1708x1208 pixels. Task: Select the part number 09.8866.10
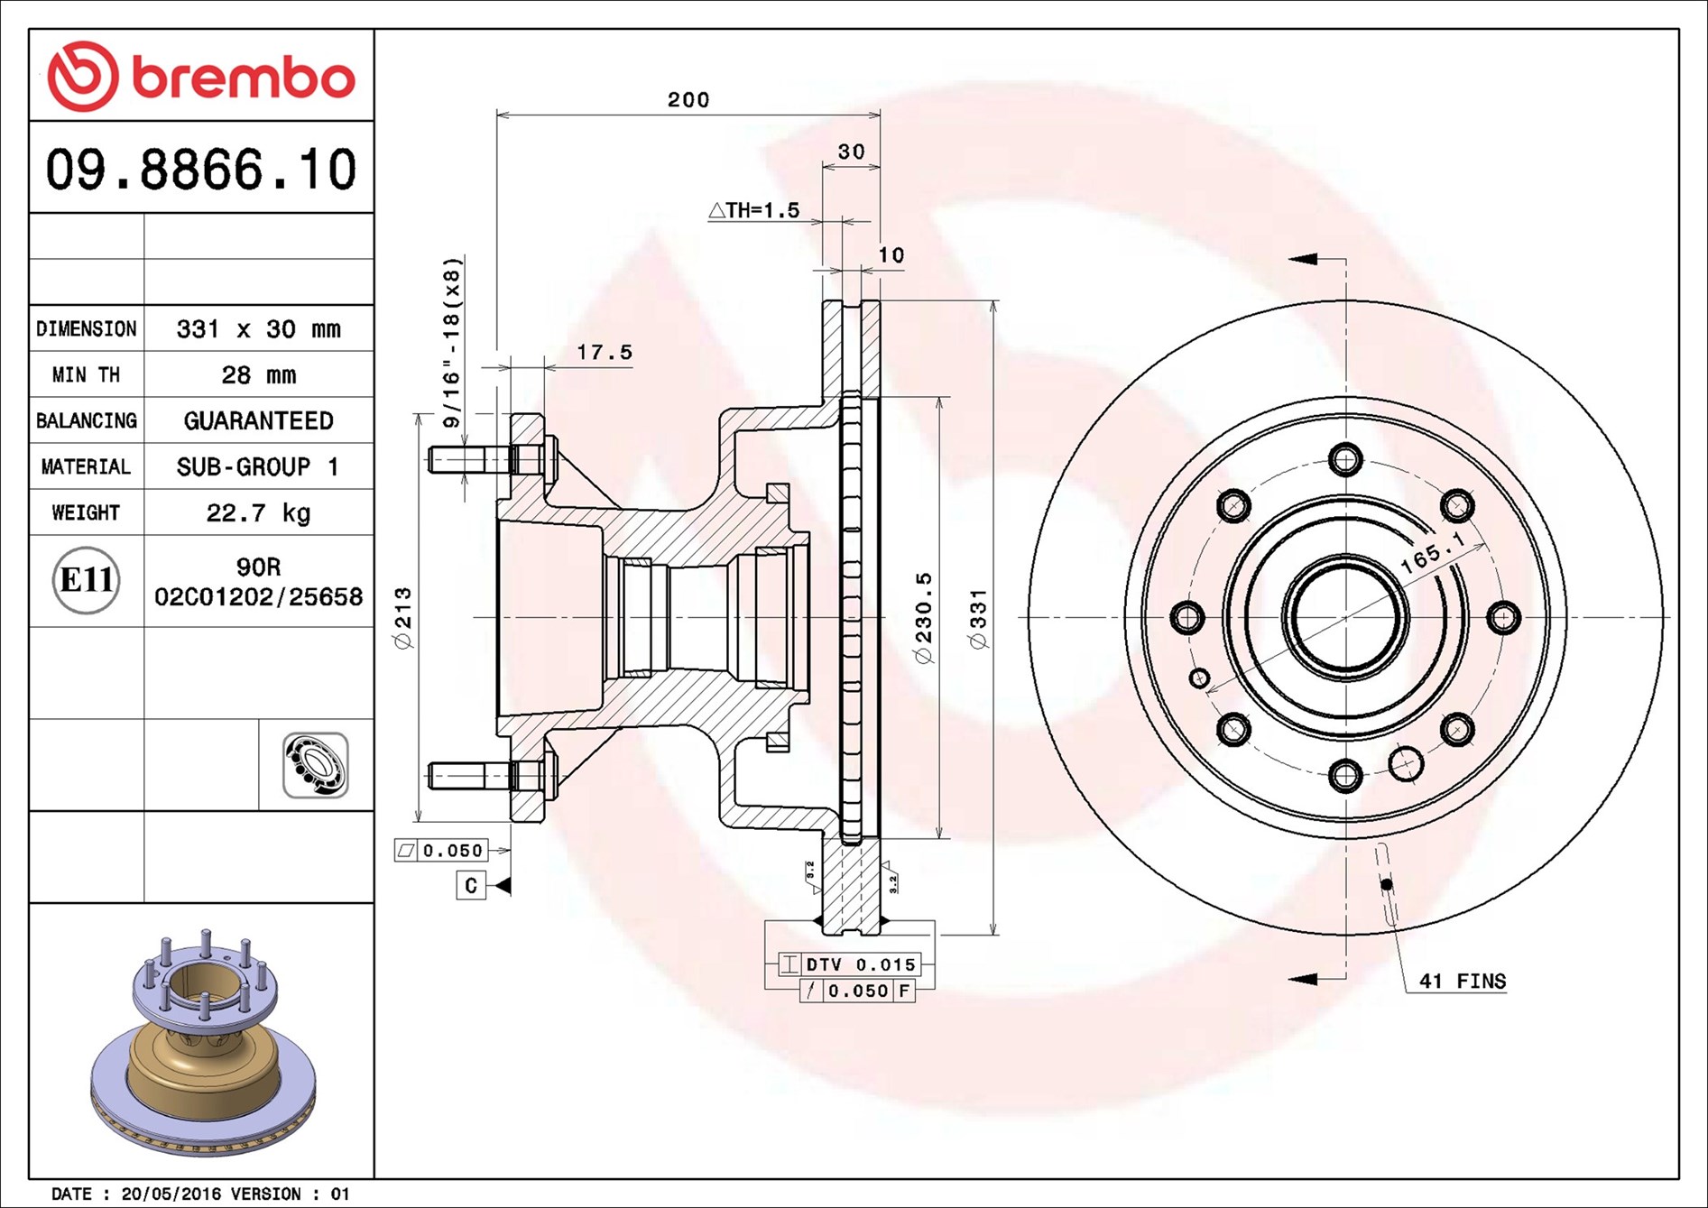201,170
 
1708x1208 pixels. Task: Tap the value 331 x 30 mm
258,329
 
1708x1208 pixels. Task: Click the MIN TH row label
86,375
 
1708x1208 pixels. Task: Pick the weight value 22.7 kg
258,513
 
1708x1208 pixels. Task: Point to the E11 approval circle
86,580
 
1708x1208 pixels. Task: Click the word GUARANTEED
258,421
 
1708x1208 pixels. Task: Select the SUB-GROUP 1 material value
258,467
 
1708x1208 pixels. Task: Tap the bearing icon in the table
315,765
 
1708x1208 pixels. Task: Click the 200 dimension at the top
688,100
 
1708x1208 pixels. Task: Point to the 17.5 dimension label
605,353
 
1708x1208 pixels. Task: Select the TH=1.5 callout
754,211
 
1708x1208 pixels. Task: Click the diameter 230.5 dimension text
923,618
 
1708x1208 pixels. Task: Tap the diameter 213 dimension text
403,618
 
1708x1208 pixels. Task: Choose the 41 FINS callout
1462,982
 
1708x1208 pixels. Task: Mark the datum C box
471,885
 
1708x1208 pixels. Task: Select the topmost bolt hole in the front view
1345,459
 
